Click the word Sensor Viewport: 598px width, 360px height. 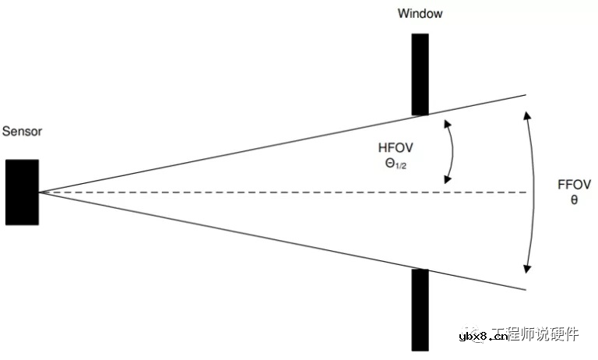click(22, 132)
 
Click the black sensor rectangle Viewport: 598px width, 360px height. click(22, 192)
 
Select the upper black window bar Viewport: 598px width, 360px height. click(420, 74)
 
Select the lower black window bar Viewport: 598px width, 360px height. click(420, 308)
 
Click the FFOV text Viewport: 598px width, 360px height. click(575, 185)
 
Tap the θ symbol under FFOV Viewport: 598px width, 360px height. click(575, 199)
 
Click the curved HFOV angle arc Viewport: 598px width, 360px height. click(453, 152)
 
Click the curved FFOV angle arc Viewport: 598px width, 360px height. click(536, 191)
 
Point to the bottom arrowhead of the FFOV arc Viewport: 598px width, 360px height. click(527, 270)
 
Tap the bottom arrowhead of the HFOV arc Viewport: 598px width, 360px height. click(447, 181)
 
